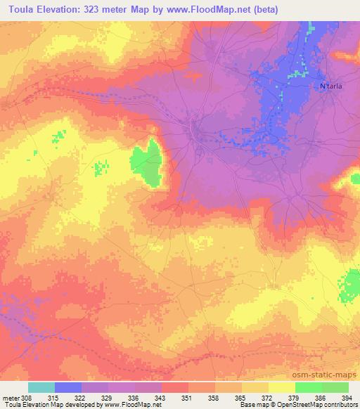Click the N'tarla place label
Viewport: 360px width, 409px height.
[331, 86]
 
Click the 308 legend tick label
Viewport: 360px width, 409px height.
[25, 398]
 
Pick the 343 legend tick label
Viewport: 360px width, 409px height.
[162, 398]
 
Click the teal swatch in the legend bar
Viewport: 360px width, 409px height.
[41, 387]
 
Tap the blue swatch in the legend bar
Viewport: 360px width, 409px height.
[68, 387]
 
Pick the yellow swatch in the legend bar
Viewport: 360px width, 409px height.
[282, 387]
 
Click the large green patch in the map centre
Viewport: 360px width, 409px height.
[146, 163]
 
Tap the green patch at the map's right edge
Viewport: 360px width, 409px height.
[349, 285]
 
